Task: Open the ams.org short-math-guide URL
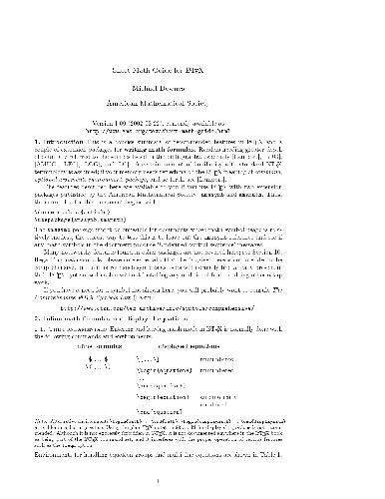pyautogui.click(x=192, y=107)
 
